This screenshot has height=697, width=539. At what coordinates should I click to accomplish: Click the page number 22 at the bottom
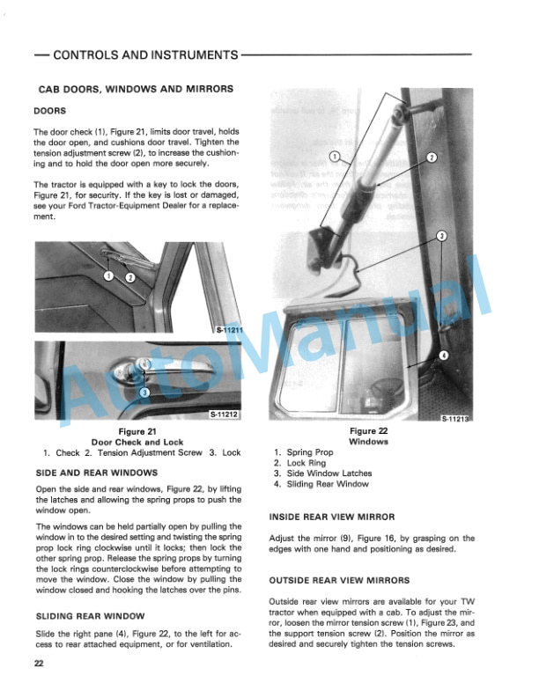39,664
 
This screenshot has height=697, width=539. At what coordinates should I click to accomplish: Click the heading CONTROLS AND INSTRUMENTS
145,55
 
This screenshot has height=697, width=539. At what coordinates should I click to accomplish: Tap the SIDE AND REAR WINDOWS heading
97,473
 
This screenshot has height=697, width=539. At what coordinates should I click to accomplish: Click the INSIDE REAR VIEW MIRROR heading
332,517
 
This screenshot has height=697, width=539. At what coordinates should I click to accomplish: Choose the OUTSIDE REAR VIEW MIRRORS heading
340,580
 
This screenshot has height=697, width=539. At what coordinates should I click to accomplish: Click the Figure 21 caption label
137,431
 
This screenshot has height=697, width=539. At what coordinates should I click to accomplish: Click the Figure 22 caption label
369,431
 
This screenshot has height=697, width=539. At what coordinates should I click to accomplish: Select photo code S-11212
226,414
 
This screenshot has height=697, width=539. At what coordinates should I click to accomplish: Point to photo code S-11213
458,420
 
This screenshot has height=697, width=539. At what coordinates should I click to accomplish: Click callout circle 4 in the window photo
444,355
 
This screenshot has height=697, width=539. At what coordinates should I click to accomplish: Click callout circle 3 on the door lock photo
145,392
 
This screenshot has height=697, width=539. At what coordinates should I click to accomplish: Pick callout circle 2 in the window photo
432,158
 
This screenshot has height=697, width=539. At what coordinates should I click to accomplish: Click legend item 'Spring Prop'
305,452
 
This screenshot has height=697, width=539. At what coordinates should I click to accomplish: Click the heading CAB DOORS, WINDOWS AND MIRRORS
136,89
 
